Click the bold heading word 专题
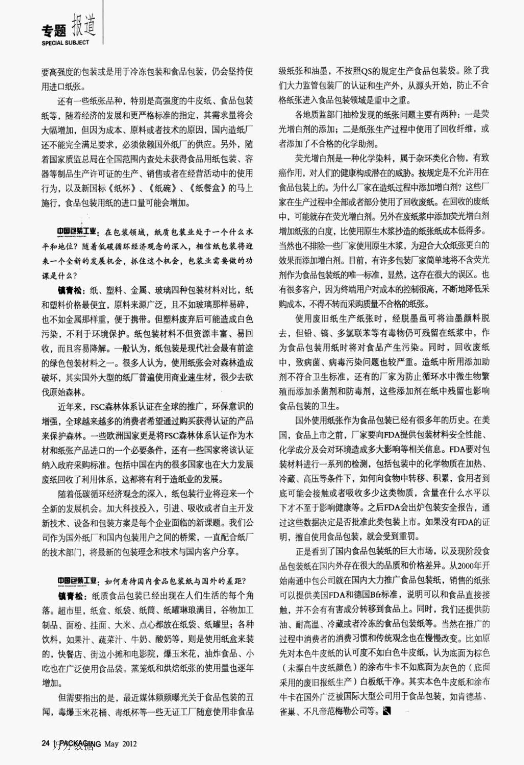pos(55,31)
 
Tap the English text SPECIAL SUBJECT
pos(65,43)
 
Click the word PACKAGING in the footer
pos(80,743)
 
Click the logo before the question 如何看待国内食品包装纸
pos(76,581)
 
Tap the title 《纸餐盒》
pos(205,188)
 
